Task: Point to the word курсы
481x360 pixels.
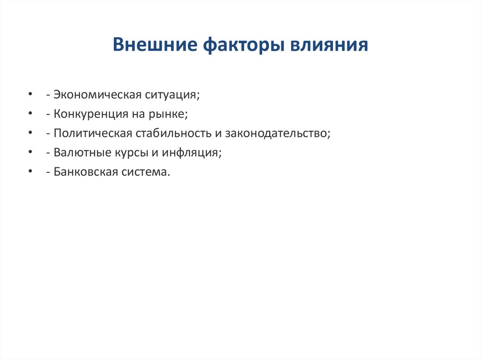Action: pos(133,153)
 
